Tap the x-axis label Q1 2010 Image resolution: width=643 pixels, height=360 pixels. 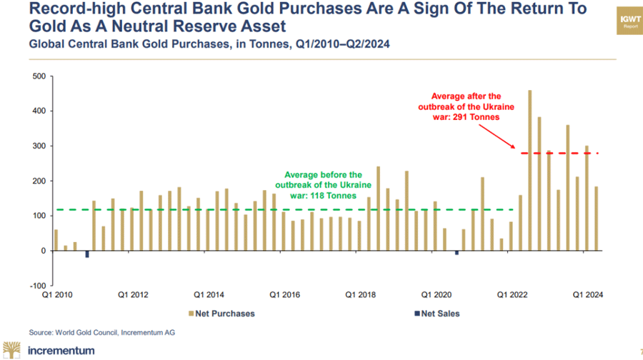(x=56, y=294)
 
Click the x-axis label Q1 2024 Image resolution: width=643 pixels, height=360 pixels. (x=587, y=294)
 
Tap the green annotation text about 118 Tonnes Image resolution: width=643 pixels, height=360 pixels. (x=323, y=184)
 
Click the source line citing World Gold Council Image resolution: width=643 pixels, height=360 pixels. (x=101, y=332)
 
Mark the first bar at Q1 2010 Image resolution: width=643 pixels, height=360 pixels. (x=56, y=240)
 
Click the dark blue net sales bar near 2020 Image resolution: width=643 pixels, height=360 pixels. (x=457, y=252)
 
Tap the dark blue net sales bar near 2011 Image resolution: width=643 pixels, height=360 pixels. (x=87, y=254)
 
